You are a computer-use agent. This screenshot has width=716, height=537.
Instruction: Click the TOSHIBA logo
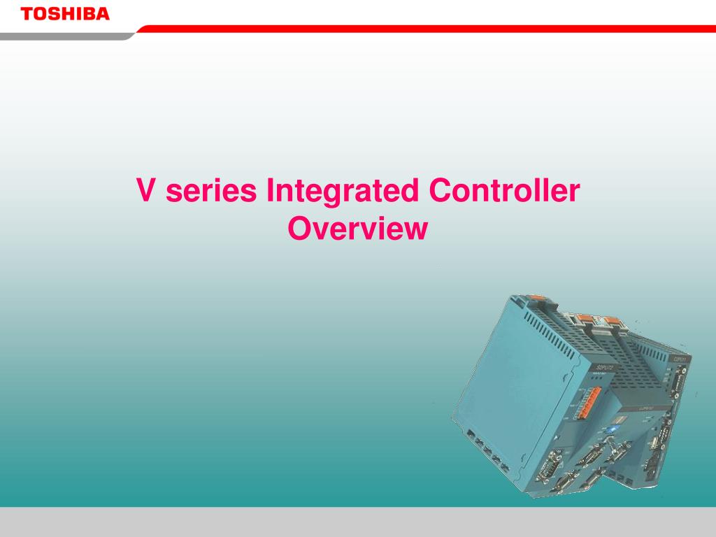click(x=65, y=14)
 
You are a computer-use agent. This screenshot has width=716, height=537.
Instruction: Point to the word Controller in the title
click(x=503, y=192)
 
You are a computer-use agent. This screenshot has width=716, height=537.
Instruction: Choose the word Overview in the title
click(x=357, y=229)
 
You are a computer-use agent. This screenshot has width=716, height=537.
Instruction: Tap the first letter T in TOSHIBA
click(x=26, y=14)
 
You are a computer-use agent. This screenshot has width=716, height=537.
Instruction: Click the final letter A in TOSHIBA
click(x=103, y=14)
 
